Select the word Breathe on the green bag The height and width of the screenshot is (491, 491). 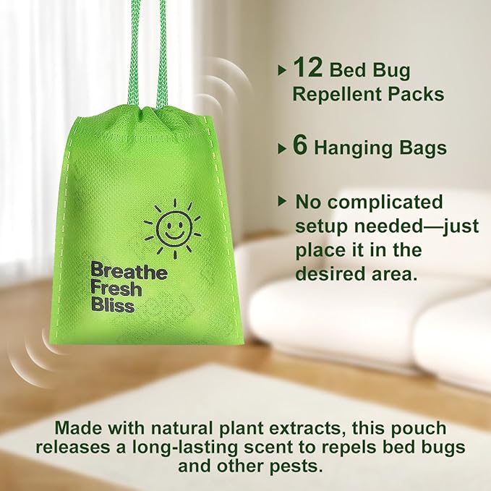coord(129,273)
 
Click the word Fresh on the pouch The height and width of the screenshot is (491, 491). coord(116,289)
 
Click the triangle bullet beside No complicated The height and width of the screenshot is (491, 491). coord(282,201)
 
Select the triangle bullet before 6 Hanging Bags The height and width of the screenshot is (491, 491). coord(282,149)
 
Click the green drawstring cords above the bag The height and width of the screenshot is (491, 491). coord(145,51)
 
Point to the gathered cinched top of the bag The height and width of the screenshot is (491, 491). coord(148,116)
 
